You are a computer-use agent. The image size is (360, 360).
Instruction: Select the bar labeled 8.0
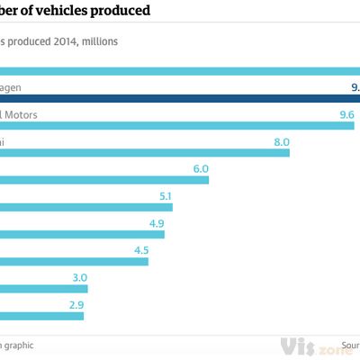pos(144,153)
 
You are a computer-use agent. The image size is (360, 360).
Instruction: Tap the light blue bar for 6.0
pos(103,180)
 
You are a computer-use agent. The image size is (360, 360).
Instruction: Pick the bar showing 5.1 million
pos(85,207)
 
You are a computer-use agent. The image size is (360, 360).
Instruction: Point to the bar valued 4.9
pos(82,234)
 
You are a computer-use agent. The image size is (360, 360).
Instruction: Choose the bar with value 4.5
pos(74,261)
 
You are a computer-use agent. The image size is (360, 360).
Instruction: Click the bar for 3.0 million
pos(43,289)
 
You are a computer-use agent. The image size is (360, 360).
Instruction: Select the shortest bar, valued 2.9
pos(41,316)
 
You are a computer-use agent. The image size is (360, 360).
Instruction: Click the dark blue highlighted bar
pos(180,98)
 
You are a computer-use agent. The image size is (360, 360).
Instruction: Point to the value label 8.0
pos(282,141)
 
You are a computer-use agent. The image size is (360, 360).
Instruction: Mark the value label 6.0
pos(200,168)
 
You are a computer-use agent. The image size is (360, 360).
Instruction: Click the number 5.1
pos(164,195)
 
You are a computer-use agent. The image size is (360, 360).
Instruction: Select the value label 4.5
pos(140,250)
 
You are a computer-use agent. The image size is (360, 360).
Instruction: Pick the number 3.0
pos(79,277)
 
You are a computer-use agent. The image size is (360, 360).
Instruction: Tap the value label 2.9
pos(76,305)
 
